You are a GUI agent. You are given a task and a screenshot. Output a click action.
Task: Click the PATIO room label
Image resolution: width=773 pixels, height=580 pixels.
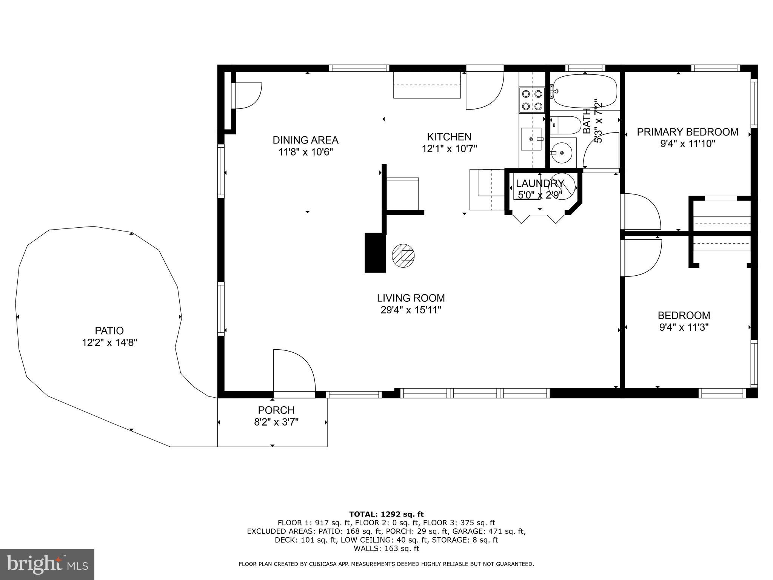click(109, 330)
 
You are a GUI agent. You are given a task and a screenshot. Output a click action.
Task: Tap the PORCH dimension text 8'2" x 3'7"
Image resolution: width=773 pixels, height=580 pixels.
click(276, 422)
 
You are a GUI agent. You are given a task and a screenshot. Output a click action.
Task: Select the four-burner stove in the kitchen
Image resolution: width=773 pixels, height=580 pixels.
click(532, 100)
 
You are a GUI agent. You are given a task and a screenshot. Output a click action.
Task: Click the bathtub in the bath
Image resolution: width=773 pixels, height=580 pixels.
click(584, 91)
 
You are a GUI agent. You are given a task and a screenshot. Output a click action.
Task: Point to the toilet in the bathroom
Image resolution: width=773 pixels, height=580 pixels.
click(565, 125)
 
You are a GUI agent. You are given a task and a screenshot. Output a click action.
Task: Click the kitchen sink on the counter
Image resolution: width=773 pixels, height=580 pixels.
click(531, 139)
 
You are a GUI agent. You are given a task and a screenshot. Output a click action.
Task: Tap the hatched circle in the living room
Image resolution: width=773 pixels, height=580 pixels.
click(403, 256)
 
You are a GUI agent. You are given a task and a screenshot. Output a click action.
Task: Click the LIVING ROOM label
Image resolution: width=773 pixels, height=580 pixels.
click(411, 298)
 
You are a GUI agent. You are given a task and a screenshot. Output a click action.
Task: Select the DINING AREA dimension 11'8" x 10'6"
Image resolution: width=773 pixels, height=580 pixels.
click(305, 152)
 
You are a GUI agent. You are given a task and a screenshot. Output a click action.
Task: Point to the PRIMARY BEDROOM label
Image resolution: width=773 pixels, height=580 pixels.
click(687, 132)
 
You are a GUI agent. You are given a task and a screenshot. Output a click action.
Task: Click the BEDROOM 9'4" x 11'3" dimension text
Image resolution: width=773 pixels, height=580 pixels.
click(684, 327)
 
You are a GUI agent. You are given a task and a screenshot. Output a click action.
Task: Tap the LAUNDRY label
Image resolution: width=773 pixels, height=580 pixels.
click(539, 184)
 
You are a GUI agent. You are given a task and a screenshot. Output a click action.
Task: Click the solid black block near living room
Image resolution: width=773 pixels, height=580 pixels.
click(375, 253)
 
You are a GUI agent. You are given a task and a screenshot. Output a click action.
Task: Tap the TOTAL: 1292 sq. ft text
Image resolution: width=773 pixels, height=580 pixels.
click(386, 514)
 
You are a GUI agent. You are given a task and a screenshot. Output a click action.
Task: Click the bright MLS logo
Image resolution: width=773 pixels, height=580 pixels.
click(47, 565)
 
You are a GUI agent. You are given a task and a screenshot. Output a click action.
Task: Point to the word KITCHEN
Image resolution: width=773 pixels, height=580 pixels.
click(449, 136)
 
